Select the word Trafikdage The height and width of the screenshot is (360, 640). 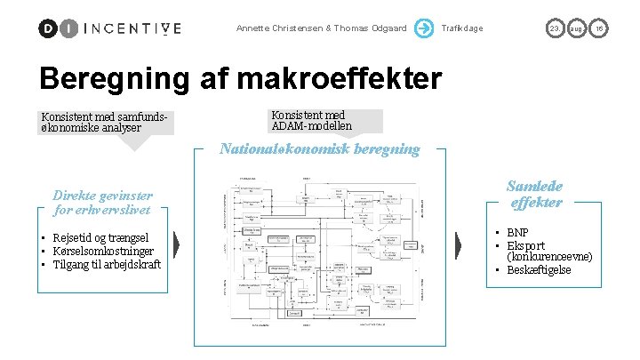pyautogui.click(x=462, y=28)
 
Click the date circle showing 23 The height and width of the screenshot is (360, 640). pyautogui.click(x=554, y=28)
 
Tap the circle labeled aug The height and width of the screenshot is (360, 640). pyautogui.click(x=577, y=28)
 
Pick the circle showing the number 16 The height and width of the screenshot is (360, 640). pyautogui.click(x=600, y=28)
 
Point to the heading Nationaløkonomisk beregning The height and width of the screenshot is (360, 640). pyautogui.click(x=320, y=148)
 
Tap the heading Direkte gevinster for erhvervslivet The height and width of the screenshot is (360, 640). pyautogui.click(x=103, y=203)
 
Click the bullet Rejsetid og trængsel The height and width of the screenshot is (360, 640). pyautogui.click(x=100, y=237)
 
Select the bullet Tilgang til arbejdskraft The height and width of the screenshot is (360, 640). pyautogui.click(x=107, y=264)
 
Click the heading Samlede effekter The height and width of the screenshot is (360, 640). pyautogui.click(x=534, y=194)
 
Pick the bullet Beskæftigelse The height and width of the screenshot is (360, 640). pyautogui.click(x=539, y=269)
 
